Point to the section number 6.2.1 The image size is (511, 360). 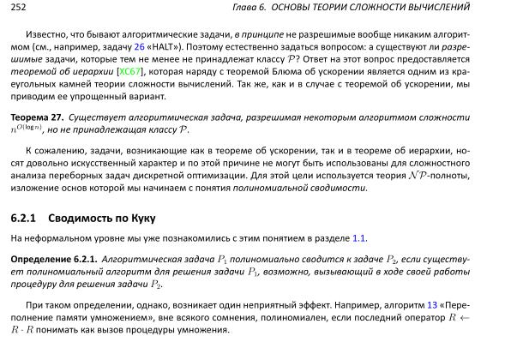pos(24,218)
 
